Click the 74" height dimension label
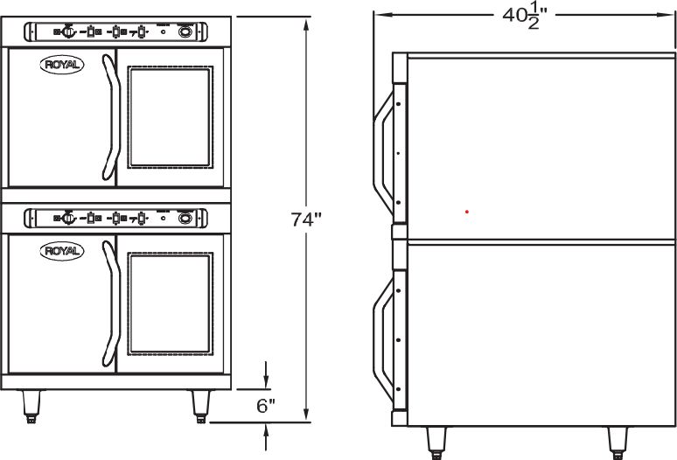(306, 220)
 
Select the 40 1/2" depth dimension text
(525, 17)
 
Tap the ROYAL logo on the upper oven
(59, 64)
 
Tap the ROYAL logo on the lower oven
(59, 251)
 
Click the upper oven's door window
(170, 117)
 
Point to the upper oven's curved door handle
(109, 117)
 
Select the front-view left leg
(32, 405)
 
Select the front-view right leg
(200, 405)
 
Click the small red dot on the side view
(467, 212)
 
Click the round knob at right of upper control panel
(185, 31)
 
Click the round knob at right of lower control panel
(185, 219)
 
